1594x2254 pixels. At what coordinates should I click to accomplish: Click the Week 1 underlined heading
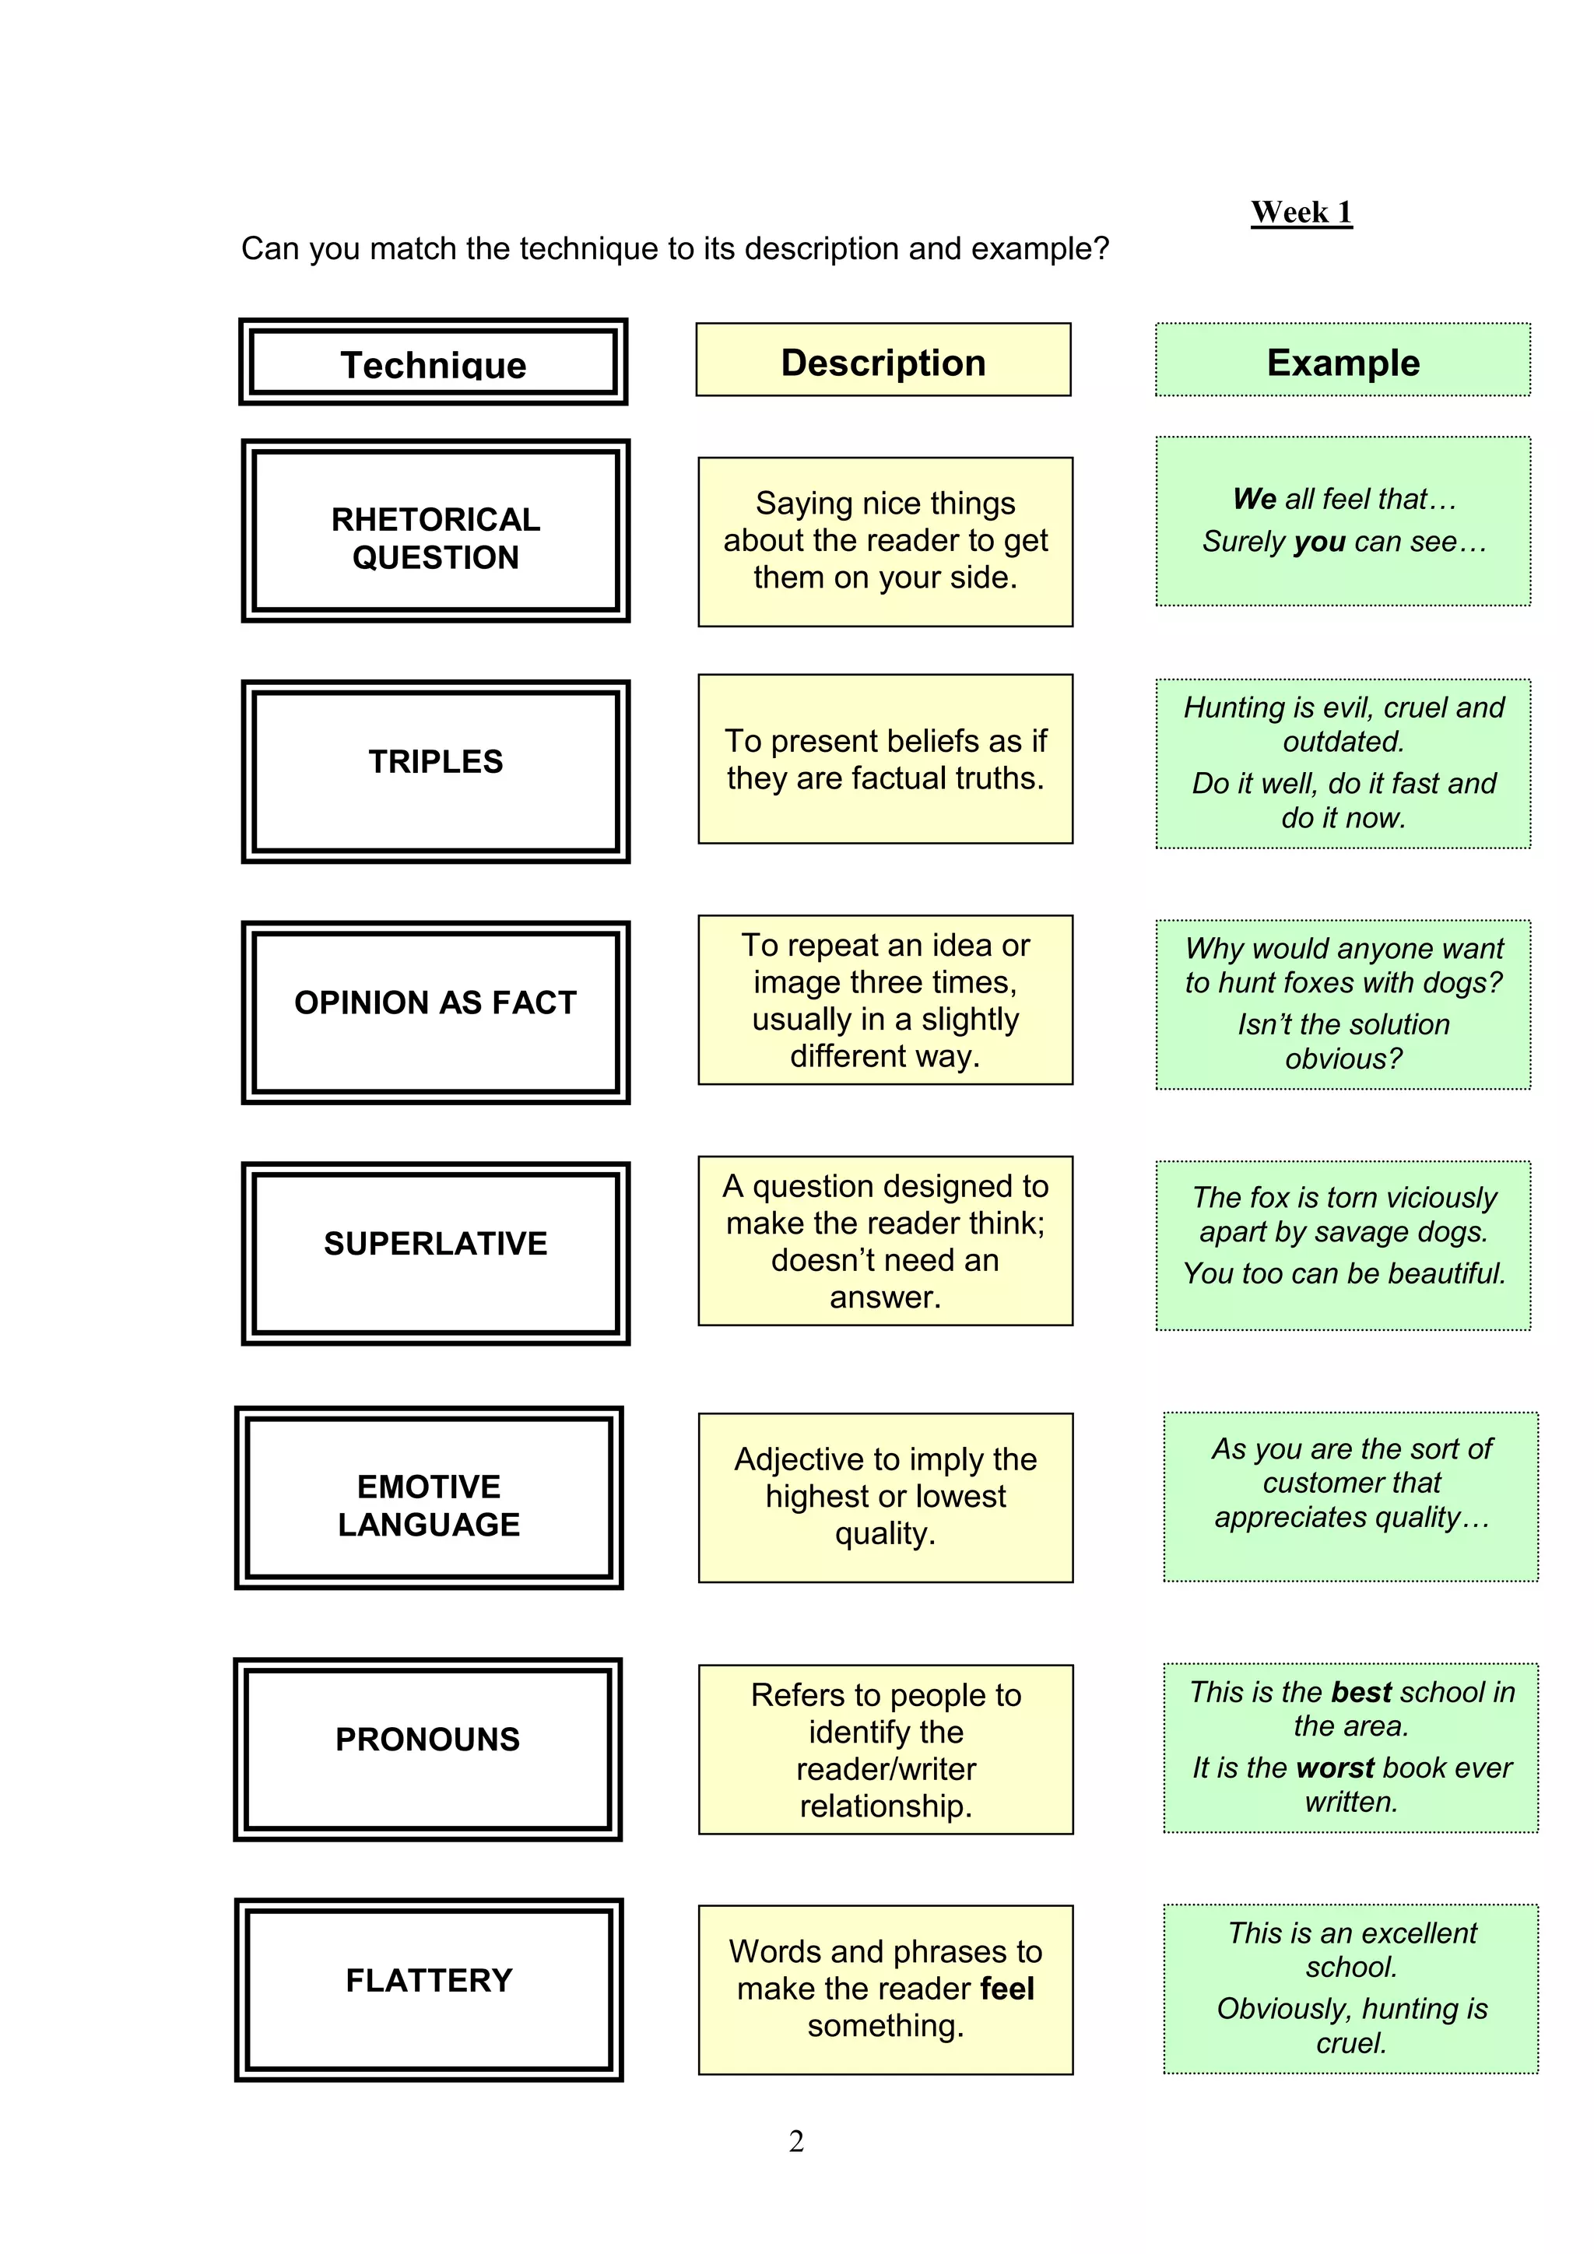tap(1301, 212)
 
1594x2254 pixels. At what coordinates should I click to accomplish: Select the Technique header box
tap(433, 362)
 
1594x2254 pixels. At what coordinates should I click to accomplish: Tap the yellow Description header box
tap(883, 360)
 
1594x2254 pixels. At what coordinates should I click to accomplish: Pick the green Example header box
tap(1342, 360)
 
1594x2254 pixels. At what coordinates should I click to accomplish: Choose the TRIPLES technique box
tap(435, 771)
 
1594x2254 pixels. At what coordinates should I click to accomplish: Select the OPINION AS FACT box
tap(435, 1011)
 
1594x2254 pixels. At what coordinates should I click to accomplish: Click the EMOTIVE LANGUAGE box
tap(429, 1497)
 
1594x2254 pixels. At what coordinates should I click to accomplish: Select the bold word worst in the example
tap(1334, 1768)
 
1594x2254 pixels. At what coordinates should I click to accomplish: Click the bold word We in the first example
tap(1255, 500)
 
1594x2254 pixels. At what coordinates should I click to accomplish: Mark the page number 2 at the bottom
tap(796, 2141)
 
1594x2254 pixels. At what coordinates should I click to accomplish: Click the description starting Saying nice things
tap(885, 541)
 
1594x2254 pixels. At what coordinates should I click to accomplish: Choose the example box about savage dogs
tap(1343, 1245)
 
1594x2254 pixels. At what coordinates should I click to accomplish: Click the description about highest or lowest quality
tap(885, 1497)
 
